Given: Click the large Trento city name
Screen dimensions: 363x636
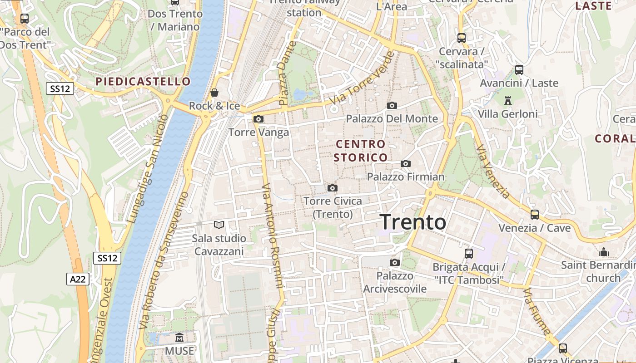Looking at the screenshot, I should coord(413,222).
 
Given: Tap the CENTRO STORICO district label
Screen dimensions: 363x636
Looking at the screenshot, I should coord(361,151).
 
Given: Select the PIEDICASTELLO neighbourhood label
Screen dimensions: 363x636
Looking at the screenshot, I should coord(143,82).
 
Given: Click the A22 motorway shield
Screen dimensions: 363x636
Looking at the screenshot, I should coord(78,279).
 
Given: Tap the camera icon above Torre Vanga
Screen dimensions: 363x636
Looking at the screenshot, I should coord(258,119).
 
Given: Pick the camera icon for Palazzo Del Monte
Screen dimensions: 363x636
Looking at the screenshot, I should coord(392,106).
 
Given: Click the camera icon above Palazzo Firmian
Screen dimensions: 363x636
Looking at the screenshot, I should coord(406,164).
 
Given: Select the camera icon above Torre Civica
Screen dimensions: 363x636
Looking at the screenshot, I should coord(333,188).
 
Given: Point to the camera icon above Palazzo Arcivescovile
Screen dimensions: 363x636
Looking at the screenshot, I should coord(395,262).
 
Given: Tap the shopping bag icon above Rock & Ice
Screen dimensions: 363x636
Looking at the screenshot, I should coord(214,93).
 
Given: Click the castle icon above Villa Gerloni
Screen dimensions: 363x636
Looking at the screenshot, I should coord(508,100).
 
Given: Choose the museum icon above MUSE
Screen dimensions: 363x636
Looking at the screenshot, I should coord(179,338).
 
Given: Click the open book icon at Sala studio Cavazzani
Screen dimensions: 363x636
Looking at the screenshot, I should coord(219,225).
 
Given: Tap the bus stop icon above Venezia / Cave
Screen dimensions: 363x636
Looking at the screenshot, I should coord(535,214).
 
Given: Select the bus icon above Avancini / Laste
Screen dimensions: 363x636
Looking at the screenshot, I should coord(519,70).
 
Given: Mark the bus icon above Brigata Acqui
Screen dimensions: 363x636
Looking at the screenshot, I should coord(469,254).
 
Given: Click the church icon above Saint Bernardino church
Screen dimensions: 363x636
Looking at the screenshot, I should coord(604,251).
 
